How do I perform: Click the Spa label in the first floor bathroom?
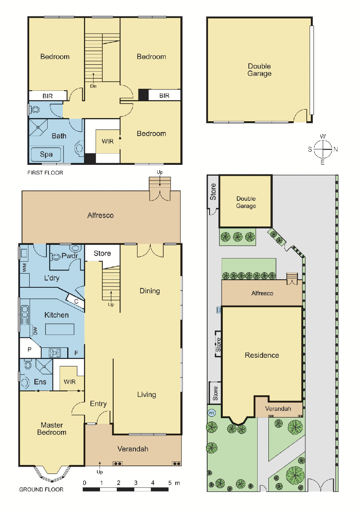46,154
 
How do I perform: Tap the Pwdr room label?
70,256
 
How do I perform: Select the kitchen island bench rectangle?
60,329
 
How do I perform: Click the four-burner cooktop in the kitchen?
55,353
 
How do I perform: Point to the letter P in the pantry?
29,349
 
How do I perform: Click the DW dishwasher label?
35,331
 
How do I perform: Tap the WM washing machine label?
24,268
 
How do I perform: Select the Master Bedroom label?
52,429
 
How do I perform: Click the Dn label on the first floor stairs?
93,86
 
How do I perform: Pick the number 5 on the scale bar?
170,483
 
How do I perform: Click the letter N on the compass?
336,149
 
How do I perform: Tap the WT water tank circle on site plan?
212,413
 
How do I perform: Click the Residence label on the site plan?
262,355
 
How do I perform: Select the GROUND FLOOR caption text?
41,489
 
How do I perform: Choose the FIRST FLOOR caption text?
45,173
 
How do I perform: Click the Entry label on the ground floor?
98,404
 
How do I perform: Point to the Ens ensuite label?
40,382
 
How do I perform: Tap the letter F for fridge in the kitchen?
76,353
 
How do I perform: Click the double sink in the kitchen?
25,315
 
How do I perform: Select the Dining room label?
150,291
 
